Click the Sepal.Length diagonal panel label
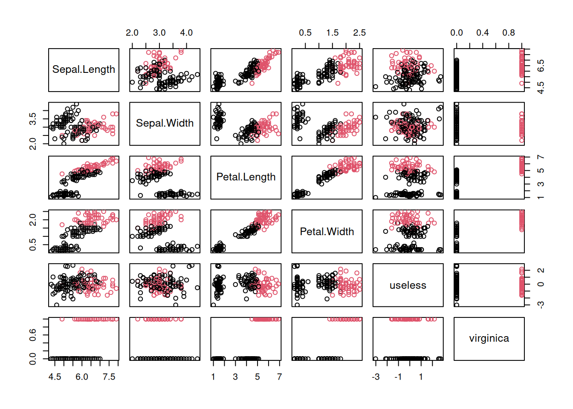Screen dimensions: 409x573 84,69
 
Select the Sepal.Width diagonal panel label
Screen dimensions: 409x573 165,123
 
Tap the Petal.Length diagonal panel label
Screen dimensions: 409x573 246,177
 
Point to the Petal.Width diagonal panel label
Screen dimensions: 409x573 327,231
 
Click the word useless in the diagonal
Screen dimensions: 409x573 408,285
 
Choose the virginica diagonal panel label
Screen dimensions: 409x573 489,338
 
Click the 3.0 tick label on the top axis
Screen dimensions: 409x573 159,33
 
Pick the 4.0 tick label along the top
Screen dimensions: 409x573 186,33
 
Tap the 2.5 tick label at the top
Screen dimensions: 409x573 359,33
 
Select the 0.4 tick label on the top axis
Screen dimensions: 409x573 483,33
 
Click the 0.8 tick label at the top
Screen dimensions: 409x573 509,33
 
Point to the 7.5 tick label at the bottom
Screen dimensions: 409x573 109,377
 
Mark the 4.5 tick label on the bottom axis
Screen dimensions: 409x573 55,377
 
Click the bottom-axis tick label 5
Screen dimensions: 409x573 258,377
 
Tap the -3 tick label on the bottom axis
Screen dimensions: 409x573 376,377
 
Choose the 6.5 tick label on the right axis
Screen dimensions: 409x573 541,66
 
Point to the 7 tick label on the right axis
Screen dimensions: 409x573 541,158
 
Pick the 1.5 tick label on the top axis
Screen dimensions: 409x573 333,33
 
